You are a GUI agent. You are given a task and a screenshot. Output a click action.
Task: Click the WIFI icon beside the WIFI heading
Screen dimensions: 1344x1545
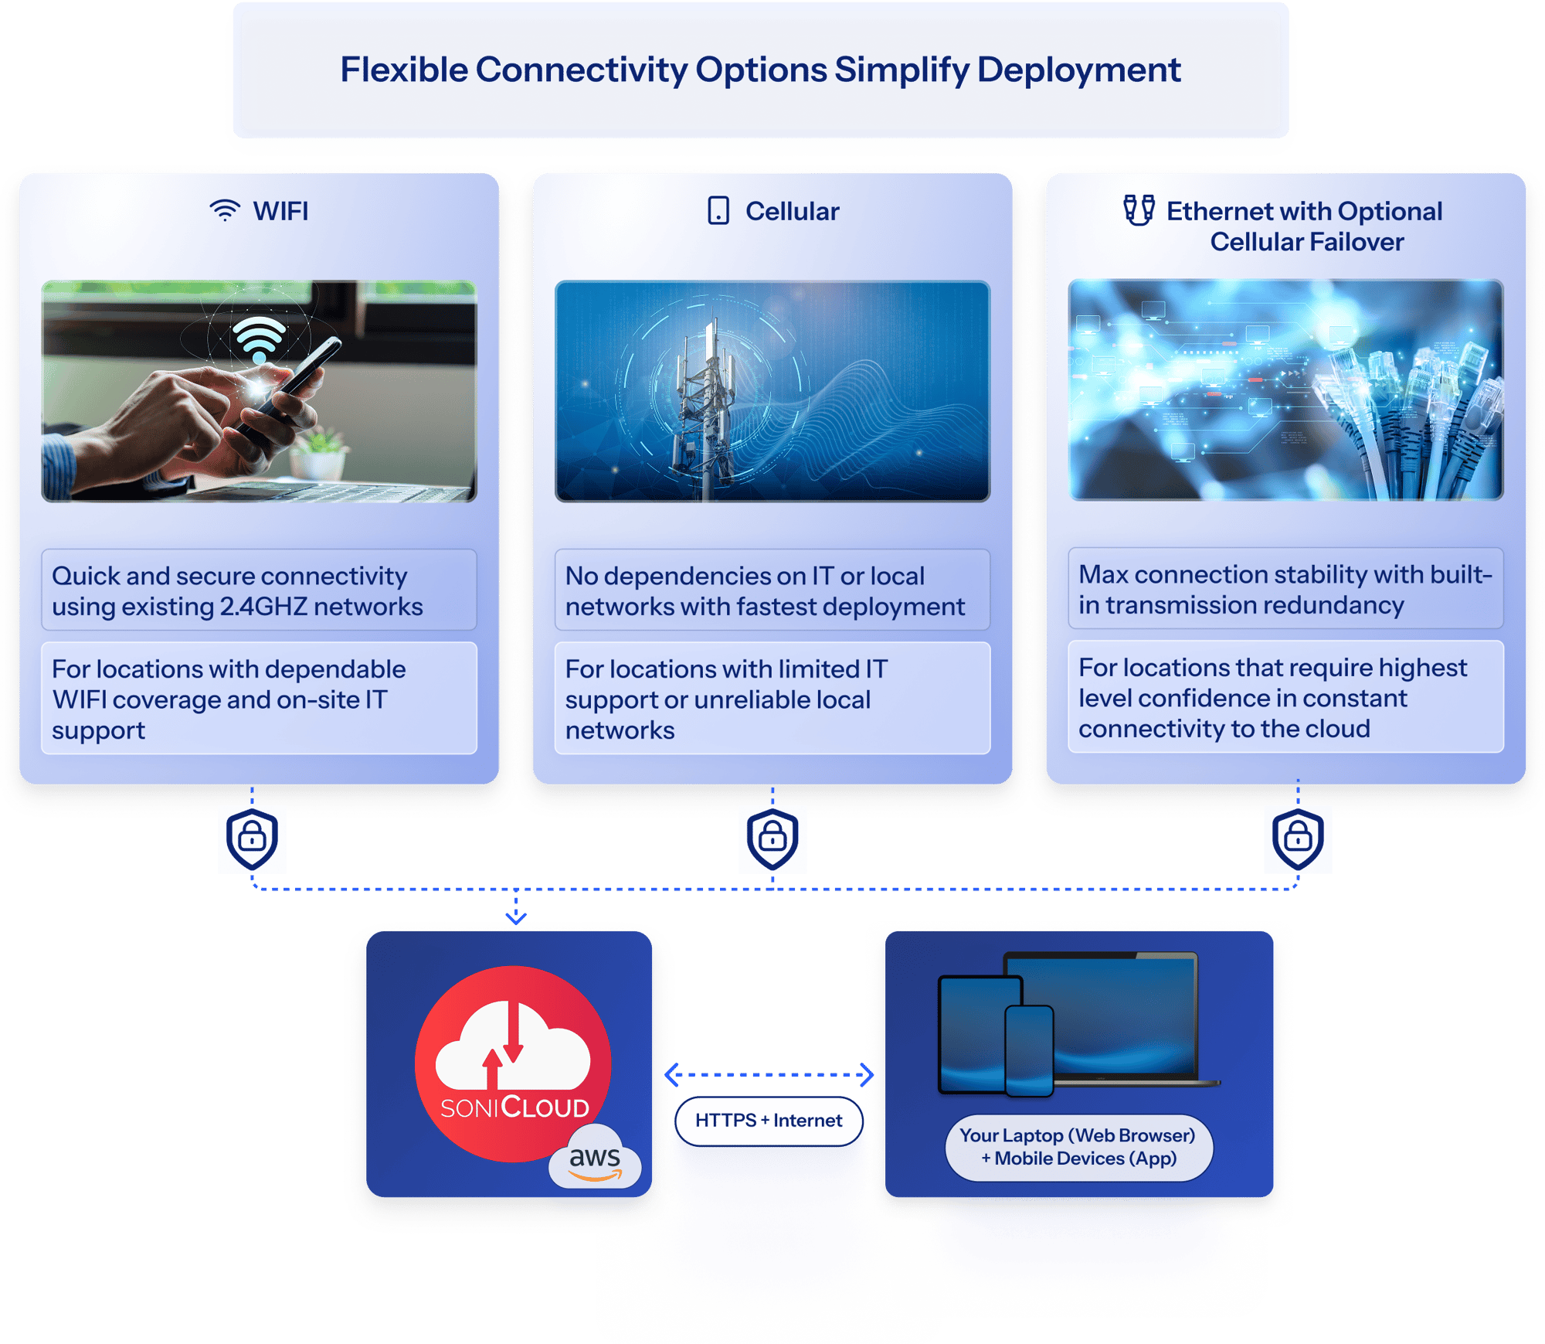[225, 210]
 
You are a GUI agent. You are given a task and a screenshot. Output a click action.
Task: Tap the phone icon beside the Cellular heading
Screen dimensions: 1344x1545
[718, 210]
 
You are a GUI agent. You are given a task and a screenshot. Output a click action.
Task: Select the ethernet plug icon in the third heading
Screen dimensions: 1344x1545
[1139, 209]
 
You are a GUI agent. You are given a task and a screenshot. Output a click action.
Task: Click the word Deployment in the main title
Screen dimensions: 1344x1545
[1078, 70]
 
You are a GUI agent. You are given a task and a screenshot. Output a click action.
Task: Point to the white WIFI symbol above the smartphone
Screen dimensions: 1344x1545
[259, 338]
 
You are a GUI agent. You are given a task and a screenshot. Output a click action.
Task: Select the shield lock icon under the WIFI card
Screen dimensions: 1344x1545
[252, 839]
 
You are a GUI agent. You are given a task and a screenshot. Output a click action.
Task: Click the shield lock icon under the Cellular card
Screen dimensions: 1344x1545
[772, 839]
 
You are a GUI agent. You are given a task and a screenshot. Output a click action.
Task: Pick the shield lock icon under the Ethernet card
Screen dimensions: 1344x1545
[1298, 839]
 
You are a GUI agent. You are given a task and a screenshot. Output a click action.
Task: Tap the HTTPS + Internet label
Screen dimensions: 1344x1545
[769, 1121]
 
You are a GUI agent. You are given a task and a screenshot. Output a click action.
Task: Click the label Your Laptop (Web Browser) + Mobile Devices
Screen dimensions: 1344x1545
[1078, 1147]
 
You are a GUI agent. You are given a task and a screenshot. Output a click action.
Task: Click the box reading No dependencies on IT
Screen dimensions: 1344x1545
[772, 590]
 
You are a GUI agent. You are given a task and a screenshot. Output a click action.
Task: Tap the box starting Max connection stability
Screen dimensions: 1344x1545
[1285, 589]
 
